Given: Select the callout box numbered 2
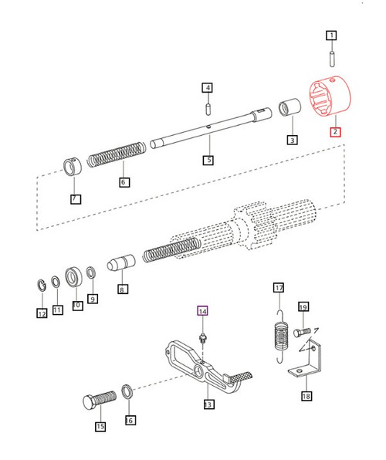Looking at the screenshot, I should pyautogui.click(x=336, y=132).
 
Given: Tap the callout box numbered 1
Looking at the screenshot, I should pyautogui.click(x=331, y=35).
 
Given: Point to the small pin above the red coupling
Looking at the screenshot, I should pyautogui.click(x=331, y=57).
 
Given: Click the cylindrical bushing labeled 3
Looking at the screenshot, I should pyautogui.click(x=291, y=107).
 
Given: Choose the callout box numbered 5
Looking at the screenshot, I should pyautogui.click(x=208, y=161).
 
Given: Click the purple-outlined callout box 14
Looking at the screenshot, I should pyautogui.click(x=203, y=312).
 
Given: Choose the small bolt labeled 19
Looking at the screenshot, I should pyautogui.click(x=300, y=330).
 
